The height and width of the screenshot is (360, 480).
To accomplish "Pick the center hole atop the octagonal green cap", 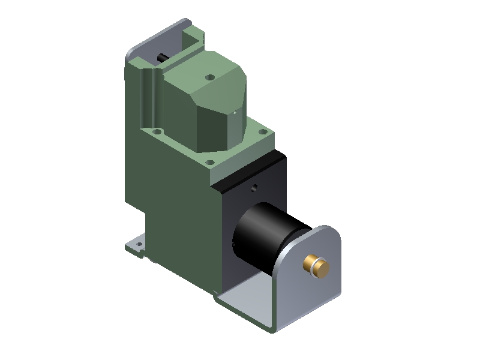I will coord(209,77).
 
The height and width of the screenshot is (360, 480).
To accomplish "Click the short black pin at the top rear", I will coord(163,58).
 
